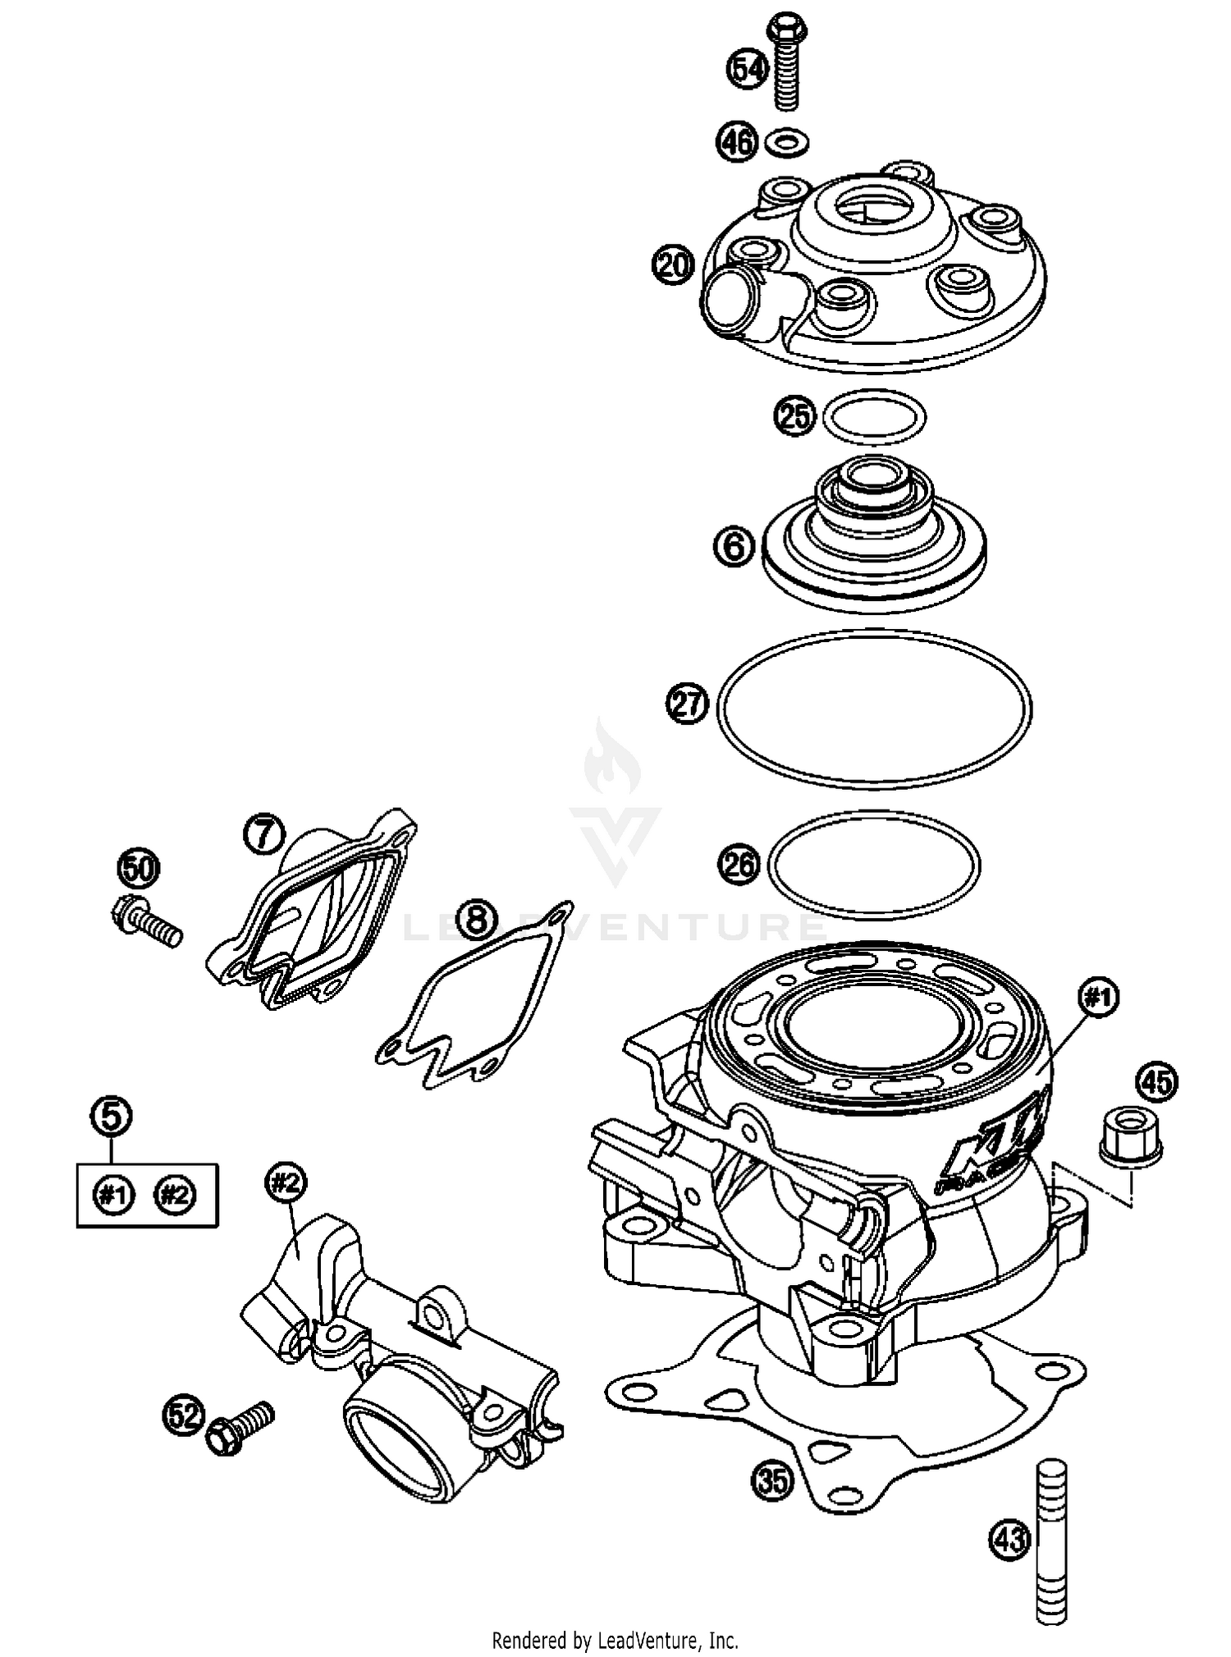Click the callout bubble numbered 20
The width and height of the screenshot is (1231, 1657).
click(x=674, y=265)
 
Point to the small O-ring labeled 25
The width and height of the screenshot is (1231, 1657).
click(x=874, y=417)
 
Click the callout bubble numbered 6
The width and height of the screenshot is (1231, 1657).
click(x=734, y=545)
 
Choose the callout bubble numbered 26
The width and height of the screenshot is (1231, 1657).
click(x=739, y=865)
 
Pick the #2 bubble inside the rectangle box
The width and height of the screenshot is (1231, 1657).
click(x=175, y=1194)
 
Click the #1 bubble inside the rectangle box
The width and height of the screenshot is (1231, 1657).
click(x=114, y=1194)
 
